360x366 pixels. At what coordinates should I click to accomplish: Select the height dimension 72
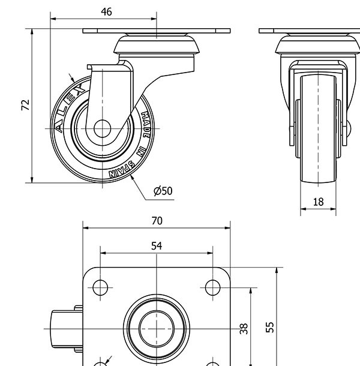click(25, 105)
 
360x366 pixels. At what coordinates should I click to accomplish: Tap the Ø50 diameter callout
click(163, 191)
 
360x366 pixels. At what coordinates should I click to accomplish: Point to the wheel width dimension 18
click(319, 202)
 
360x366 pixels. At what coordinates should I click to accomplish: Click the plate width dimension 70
click(157, 221)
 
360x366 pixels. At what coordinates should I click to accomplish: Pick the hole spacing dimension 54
click(157, 245)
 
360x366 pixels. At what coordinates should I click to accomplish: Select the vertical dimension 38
click(244, 329)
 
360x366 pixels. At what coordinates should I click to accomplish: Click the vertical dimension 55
click(271, 327)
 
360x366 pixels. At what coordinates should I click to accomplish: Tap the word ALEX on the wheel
click(67, 108)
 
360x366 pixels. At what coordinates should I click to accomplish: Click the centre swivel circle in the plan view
click(156, 329)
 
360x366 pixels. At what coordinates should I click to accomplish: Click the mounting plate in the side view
click(156, 31)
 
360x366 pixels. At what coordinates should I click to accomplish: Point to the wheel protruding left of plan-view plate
click(60, 329)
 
